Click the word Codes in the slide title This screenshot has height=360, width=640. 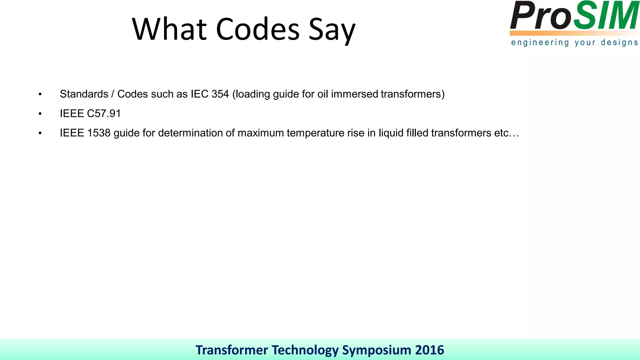pyautogui.click(x=257, y=29)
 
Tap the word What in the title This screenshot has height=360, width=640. pyautogui.click(x=169, y=29)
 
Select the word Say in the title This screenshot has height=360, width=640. pyautogui.click(x=332, y=31)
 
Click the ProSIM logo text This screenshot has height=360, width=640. pyautogui.click(x=574, y=16)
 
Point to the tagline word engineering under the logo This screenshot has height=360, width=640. pyautogui.click(x=540, y=43)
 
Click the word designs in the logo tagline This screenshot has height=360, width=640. pyautogui.click(x=619, y=43)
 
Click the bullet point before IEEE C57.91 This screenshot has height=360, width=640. pyautogui.click(x=40, y=114)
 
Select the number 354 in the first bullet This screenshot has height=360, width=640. pyautogui.click(x=220, y=94)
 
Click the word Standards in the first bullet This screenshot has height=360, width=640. pyautogui.click(x=84, y=94)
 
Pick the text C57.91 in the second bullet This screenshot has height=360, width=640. pyautogui.click(x=104, y=113)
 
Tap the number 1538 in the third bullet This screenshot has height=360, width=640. pyautogui.click(x=99, y=133)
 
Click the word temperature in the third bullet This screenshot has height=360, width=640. pyautogui.click(x=315, y=133)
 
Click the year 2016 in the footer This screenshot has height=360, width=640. pyautogui.click(x=429, y=350)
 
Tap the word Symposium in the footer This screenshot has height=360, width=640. pyautogui.click(x=377, y=350)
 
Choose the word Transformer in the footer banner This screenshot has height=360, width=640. pyautogui.click(x=232, y=350)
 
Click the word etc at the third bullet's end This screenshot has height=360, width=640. pyautogui.click(x=501, y=133)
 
